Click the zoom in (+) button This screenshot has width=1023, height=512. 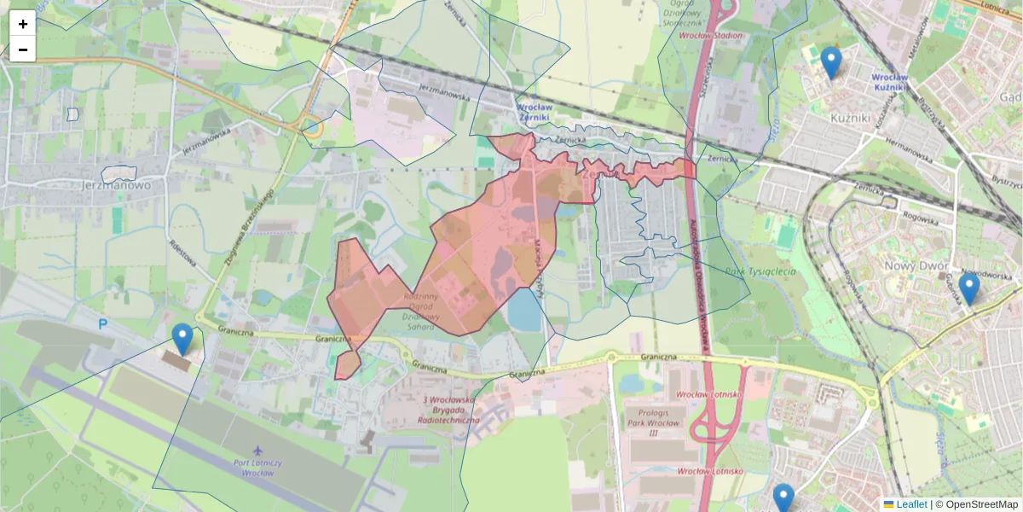coord(23,24)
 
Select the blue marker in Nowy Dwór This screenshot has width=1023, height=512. coord(968,289)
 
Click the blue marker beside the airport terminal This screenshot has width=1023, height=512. coord(182,339)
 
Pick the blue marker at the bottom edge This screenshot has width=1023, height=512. coord(783,498)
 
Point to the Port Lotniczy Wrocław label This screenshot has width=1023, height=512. coord(257,467)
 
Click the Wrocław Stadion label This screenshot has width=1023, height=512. coord(710,36)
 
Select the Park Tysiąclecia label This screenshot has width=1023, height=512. coord(760,272)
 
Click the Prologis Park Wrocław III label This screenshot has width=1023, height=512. coord(654,423)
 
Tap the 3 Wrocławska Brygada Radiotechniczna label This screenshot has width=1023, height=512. coord(449,410)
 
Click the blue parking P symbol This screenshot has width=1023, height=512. coord(103,324)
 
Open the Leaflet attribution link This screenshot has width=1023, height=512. coord(910,504)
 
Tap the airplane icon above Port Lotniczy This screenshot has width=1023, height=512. coord(259,450)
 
